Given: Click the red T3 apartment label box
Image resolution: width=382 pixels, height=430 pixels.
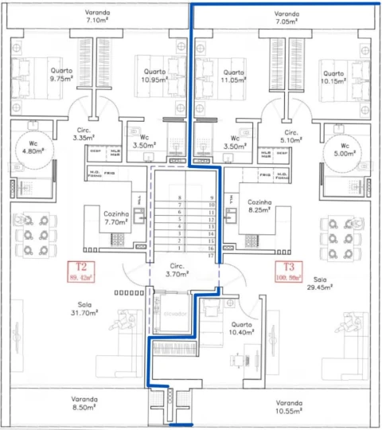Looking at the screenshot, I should [287, 272].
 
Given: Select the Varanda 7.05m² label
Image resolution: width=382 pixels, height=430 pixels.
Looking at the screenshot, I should [286, 18].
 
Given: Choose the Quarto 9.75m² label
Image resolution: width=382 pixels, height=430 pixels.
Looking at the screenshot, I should [60, 75].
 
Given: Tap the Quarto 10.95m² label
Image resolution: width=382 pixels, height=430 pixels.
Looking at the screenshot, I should [154, 76].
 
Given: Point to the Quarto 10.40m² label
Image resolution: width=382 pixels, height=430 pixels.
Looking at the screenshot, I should [241, 328].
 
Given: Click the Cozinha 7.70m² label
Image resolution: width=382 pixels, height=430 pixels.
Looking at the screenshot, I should [116, 217].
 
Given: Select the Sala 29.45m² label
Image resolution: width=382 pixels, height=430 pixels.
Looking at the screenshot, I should [321, 283].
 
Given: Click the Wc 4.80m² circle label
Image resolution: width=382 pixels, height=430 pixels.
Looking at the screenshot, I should [33, 149].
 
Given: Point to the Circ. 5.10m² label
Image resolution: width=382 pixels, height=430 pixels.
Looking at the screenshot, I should [291, 136].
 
